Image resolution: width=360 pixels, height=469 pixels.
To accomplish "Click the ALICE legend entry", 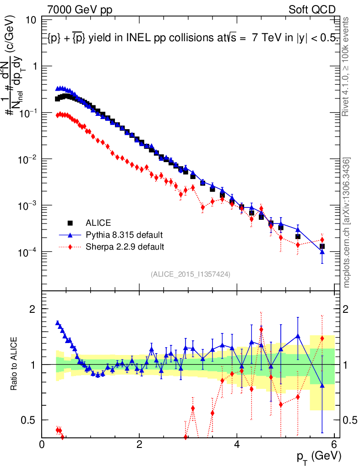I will tap(98, 223).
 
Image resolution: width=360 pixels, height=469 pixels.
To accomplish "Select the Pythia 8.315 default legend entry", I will tap(124, 235).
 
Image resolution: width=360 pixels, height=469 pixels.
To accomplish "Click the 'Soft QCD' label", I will tap(312, 10).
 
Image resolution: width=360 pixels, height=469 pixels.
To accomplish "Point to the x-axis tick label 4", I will tap(237, 444).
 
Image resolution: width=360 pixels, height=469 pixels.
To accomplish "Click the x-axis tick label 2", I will tap(139, 444).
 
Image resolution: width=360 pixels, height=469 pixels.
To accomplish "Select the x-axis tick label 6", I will tap(334, 444).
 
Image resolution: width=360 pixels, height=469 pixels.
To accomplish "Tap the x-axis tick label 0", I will tap(42, 444).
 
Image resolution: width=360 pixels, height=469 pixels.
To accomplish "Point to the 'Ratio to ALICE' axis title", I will tap(15, 364).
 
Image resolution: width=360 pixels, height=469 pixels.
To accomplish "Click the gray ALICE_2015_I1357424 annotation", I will tap(190, 274).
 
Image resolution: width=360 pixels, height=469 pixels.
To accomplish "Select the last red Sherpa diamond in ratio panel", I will tap(322, 338).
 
